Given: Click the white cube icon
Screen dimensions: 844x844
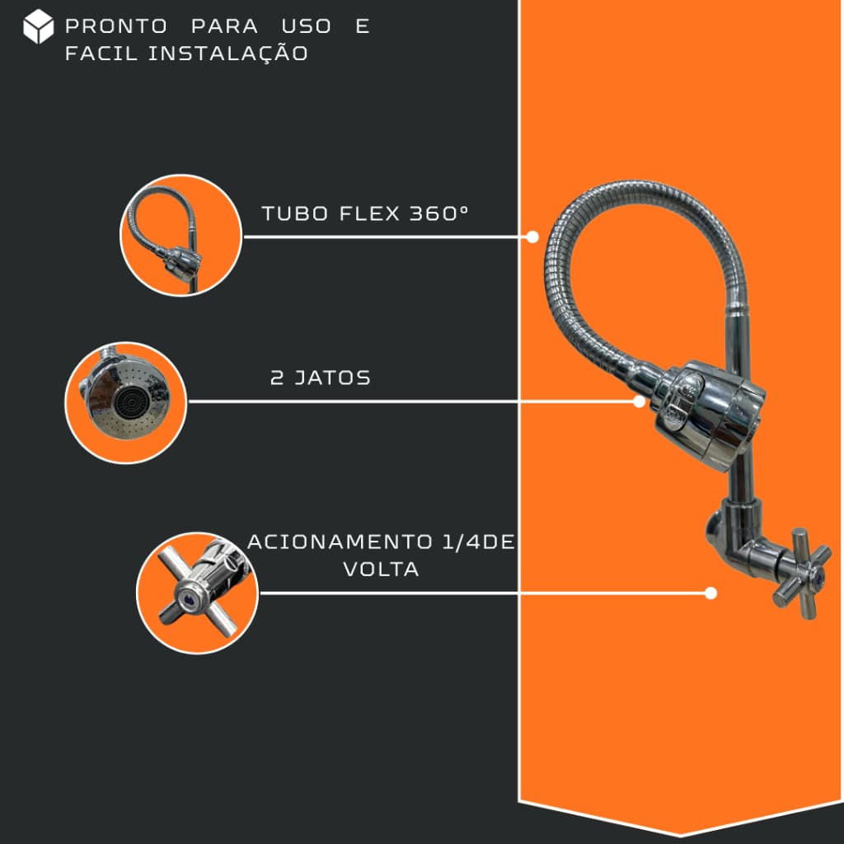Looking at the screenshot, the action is pos(38,26).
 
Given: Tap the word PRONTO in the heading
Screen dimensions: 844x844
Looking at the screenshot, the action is pos(116,26).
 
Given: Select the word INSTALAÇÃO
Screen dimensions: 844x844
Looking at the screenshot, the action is pos(228,54).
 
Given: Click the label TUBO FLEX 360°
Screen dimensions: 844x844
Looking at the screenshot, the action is pos(365,213).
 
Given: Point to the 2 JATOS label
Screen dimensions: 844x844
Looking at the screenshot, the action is pos(321,377).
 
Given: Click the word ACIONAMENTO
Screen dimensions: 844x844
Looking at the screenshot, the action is pos(340,542).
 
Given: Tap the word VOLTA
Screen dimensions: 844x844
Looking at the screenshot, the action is pos(381,570).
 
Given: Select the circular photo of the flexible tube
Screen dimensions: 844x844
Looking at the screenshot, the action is pos(181,235).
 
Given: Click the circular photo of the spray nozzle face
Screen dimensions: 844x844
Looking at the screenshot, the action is pos(126,402).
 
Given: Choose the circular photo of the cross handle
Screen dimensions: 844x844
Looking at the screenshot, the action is pos(198,593).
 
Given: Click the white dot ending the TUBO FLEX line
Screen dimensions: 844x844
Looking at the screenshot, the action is pos(532,237).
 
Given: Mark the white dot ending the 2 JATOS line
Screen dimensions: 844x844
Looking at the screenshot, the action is pos(639,401).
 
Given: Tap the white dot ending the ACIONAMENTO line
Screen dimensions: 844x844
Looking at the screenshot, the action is pos(710,593).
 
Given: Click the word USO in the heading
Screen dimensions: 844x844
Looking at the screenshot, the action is pos(307,26).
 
